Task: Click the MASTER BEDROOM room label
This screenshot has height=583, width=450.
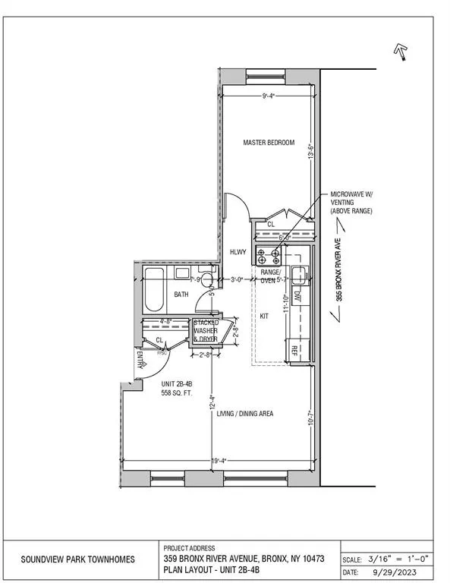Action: click(x=268, y=143)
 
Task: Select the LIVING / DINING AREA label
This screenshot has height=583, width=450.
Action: click(x=244, y=414)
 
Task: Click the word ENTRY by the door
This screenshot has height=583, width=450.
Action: click(x=140, y=359)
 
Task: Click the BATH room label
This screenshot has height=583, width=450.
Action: click(x=181, y=294)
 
